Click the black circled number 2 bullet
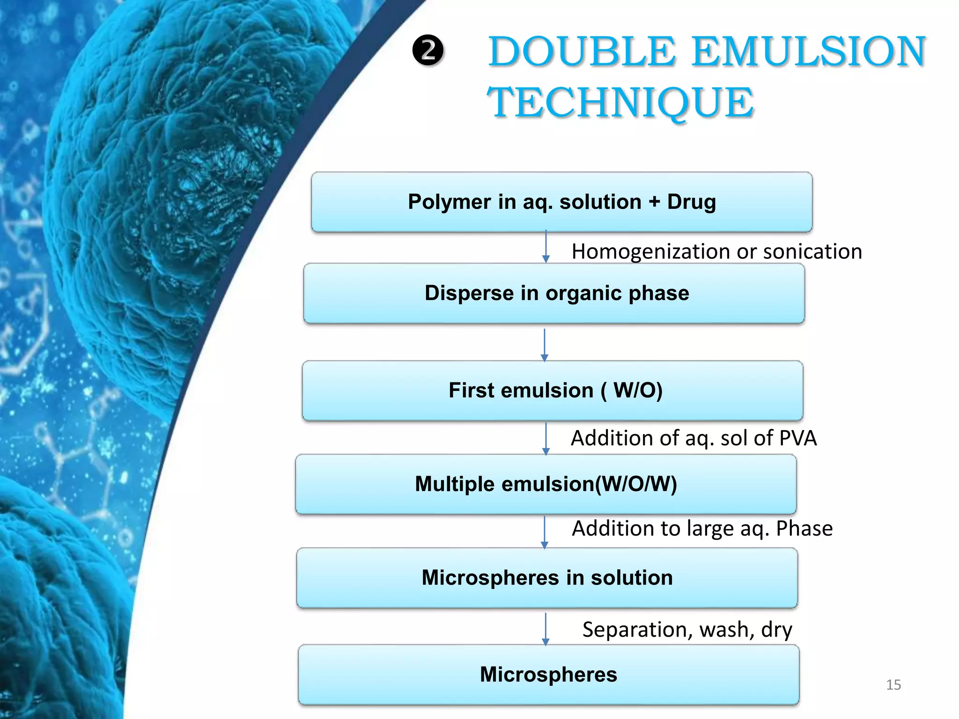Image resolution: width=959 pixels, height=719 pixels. pyautogui.click(x=428, y=51)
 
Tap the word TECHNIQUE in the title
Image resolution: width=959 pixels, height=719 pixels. pyautogui.click(x=620, y=103)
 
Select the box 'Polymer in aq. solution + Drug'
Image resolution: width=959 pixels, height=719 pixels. pyautogui.click(x=561, y=202)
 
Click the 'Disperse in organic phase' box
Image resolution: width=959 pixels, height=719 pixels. pyautogui.click(x=554, y=293)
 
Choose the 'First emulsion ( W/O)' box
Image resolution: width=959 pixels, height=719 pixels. pyautogui.click(x=553, y=390)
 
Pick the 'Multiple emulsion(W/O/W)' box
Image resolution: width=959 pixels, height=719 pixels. pyautogui.click(x=546, y=484)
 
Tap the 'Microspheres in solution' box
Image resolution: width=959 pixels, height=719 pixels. pyautogui.click(x=547, y=578)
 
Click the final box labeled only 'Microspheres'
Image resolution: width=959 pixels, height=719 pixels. pyautogui.click(x=548, y=675)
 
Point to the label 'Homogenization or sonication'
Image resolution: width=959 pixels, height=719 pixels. pyautogui.click(x=716, y=251)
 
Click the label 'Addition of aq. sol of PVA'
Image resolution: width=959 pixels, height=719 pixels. pyautogui.click(x=693, y=438)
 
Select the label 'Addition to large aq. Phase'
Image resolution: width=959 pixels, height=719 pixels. pyautogui.click(x=702, y=528)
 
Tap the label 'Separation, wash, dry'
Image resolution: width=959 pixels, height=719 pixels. pyautogui.click(x=687, y=630)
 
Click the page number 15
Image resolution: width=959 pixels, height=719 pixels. pyautogui.click(x=893, y=685)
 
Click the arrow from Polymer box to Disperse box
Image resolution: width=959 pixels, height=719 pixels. pyautogui.click(x=546, y=247)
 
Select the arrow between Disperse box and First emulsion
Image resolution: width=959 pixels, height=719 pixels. pyautogui.click(x=544, y=345)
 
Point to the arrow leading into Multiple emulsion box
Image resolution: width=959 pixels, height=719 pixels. pyautogui.click(x=546, y=438)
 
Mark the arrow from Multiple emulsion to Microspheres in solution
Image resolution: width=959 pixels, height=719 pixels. pyautogui.click(x=544, y=532)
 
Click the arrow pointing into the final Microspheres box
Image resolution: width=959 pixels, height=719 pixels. pyautogui.click(x=545, y=629)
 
